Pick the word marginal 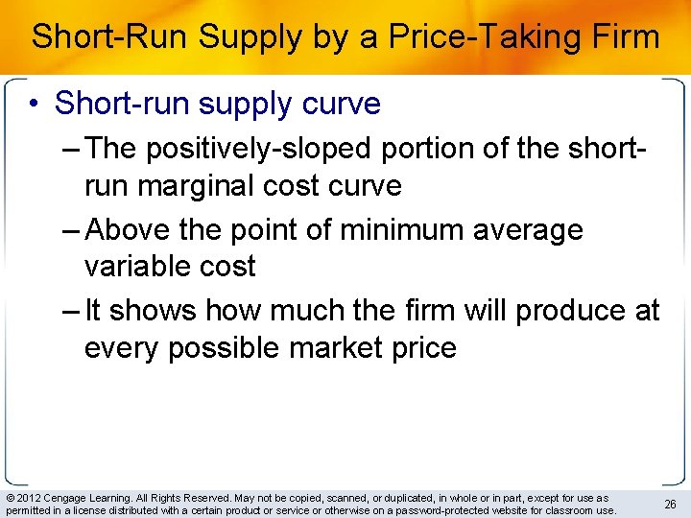coord(203,185)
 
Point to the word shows coord(156,311)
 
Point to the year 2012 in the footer coord(27,498)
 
